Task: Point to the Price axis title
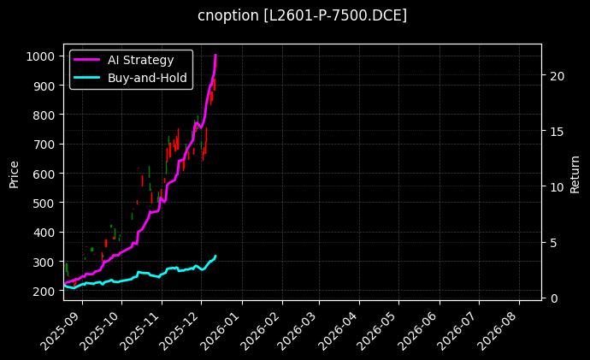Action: (x=14, y=173)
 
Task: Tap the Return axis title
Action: (x=575, y=173)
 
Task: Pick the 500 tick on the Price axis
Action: (x=45, y=204)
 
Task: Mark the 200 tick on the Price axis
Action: (x=45, y=292)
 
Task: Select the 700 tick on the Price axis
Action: (x=45, y=145)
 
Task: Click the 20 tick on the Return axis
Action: (x=558, y=75)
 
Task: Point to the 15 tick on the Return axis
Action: (x=558, y=131)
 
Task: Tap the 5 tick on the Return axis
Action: (x=554, y=242)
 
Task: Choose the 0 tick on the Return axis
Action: (x=554, y=298)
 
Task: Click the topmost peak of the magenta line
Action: (x=215, y=56)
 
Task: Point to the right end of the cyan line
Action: (x=215, y=255)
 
